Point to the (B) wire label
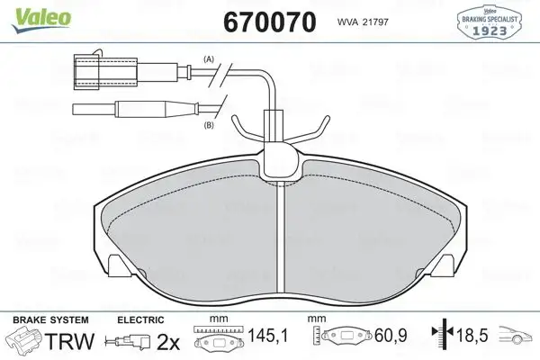pos(209,125)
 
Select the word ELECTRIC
pos(140,319)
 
